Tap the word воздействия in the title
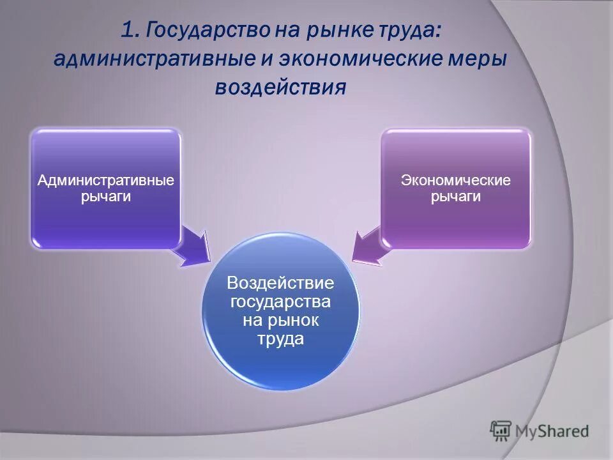[x=280, y=87]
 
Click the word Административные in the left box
[x=106, y=181]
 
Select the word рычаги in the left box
[x=106, y=197]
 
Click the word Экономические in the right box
[x=455, y=181]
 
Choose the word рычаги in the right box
[x=455, y=197]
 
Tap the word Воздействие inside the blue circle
[x=280, y=282]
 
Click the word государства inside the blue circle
[x=280, y=301]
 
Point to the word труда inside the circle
[x=280, y=339]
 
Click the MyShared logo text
[x=552, y=431]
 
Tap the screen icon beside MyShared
[x=501, y=431]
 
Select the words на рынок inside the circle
[x=280, y=320]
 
